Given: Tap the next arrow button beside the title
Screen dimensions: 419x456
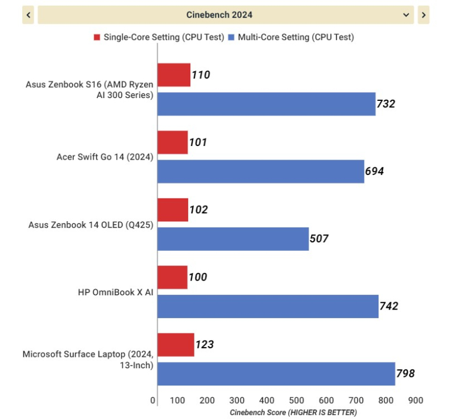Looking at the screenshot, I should click(x=423, y=15).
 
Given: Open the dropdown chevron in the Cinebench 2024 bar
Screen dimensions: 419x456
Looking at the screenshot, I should click(x=406, y=15).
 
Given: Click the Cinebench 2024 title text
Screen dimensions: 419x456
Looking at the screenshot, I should click(x=219, y=15).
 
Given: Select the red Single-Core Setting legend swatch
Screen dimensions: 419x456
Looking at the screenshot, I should click(x=97, y=38).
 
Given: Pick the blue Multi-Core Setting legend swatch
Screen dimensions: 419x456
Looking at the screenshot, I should click(x=231, y=38).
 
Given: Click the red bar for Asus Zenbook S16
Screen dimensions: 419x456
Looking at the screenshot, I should click(x=174, y=75).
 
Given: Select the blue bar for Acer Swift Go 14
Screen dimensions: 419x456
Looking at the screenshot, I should click(x=260, y=172).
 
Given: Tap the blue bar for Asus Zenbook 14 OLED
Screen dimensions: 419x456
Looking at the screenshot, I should click(x=233, y=239).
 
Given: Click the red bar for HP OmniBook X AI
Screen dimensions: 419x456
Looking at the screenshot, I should click(x=172, y=277).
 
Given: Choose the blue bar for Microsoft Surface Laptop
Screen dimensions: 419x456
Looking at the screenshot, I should click(x=276, y=373).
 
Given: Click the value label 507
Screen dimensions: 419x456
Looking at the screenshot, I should click(x=319, y=239).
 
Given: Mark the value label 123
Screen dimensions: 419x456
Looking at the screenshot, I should click(x=204, y=344).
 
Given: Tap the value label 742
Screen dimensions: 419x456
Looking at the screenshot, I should click(x=389, y=306).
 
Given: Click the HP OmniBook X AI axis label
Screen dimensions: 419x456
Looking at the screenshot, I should click(x=116, y=292).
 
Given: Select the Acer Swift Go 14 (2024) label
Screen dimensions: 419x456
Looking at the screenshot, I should click(x=105, y=157).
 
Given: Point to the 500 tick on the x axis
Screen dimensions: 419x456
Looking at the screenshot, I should click(x=297, y=401).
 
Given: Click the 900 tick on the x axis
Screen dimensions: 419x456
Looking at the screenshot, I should click(x=416, y=401).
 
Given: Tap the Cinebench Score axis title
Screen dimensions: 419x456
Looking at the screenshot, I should click(x=293, y=412).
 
